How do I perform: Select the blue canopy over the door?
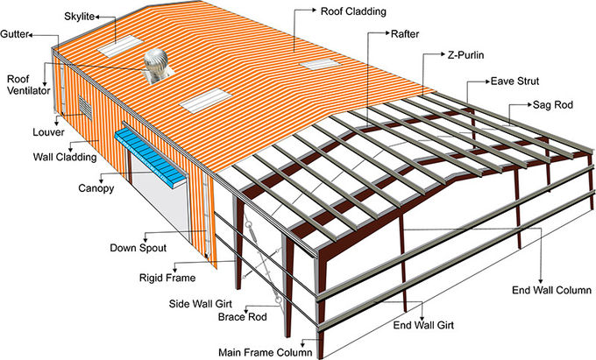[152, 153]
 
